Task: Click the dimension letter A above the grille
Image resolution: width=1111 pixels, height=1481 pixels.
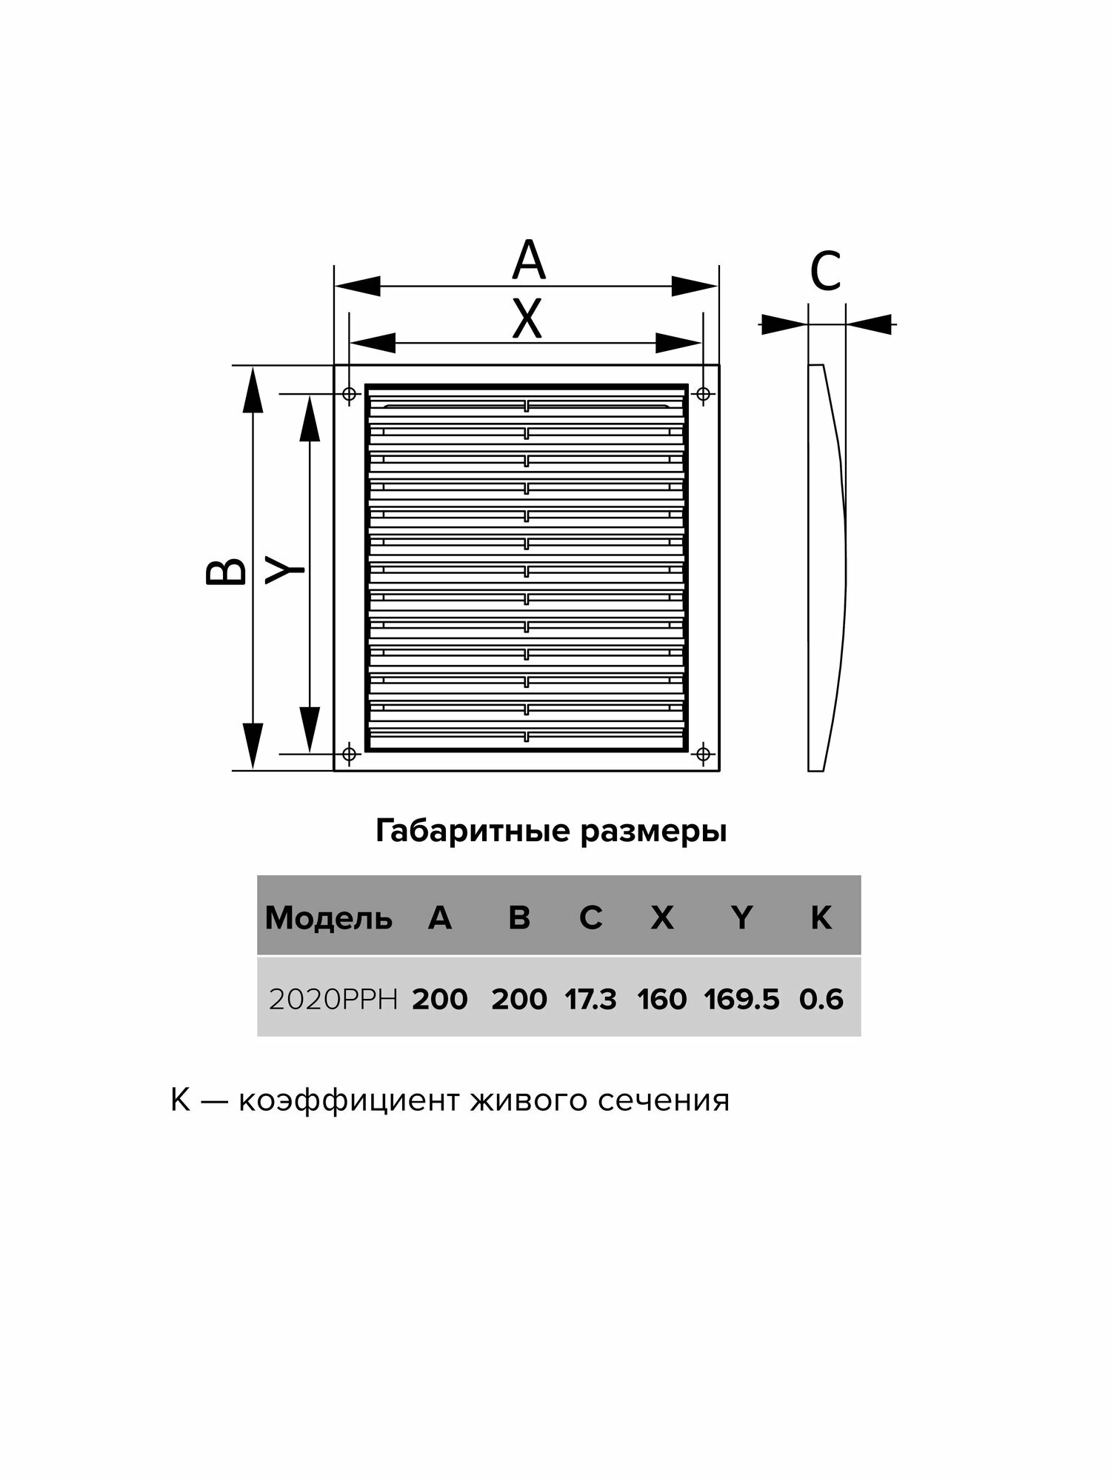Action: tap(528, 261)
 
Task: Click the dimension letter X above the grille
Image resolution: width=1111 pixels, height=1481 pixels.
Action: tap(527, 319)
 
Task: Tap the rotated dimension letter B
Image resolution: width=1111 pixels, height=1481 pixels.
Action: tap(226, 571)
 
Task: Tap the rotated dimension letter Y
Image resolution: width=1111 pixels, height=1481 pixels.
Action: tap(285, 571)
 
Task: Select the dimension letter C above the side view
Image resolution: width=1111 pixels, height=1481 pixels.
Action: tap(825, 271)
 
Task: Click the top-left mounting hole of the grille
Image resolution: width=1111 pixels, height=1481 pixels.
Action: tap(350, 394)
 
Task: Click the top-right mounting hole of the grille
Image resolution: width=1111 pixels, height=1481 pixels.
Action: tap(703, 394)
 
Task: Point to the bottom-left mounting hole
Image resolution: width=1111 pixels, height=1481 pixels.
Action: tap(350, 754)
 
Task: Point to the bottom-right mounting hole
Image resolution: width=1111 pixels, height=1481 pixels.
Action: tap(703, 754)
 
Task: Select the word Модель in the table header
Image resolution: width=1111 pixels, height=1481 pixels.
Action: tap(328, 918)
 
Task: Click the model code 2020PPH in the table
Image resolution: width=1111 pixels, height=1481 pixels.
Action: tap(333, 1000)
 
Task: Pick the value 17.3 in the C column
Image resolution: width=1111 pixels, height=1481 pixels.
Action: tap(590, 1000)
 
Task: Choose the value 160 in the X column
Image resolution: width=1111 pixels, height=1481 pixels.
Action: tap(661, 1000)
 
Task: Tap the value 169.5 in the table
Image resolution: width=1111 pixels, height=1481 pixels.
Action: tap(741, 1000)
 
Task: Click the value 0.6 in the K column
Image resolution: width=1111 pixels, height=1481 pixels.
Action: tap(821, 1000)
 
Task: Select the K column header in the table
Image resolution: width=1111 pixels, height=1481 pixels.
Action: tap(821, 918)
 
